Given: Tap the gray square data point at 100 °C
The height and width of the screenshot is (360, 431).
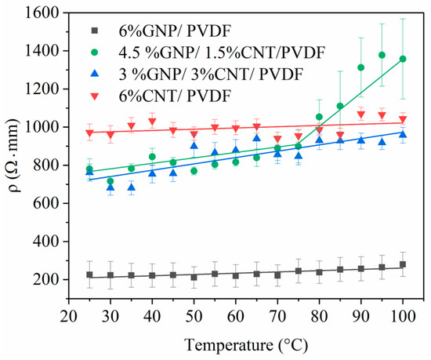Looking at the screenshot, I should [402, 265].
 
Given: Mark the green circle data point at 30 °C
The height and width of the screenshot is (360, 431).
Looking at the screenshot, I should [110, 181].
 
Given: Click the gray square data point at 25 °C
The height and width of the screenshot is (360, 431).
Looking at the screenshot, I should [89, 275].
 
